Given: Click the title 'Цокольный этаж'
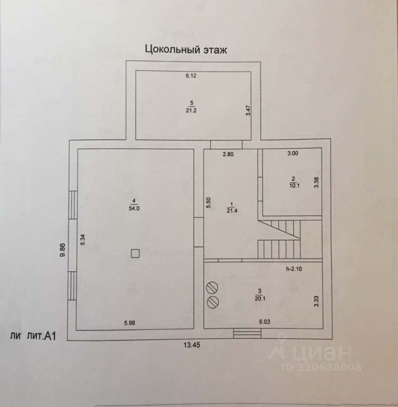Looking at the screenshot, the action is coord(186,50).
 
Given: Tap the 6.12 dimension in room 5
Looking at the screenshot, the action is coord(192,76).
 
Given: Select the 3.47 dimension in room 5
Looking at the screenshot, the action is coord(249,111).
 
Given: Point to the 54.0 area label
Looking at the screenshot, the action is coord(134,208).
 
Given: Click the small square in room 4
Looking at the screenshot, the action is coord(135,254).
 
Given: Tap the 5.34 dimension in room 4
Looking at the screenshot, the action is coord(83,240).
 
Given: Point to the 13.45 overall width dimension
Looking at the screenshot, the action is coord(192,345).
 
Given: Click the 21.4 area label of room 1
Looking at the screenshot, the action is coord(231,211).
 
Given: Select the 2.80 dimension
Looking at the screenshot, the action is coord(229,154).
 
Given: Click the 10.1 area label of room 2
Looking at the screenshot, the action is coord(292,184).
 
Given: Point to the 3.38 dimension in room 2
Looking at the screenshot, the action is coord(316,182).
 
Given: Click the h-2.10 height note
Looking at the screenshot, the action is coord(295,268).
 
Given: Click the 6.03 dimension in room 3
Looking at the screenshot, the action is coord(264,322).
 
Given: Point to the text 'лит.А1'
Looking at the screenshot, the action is coord(42,336).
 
